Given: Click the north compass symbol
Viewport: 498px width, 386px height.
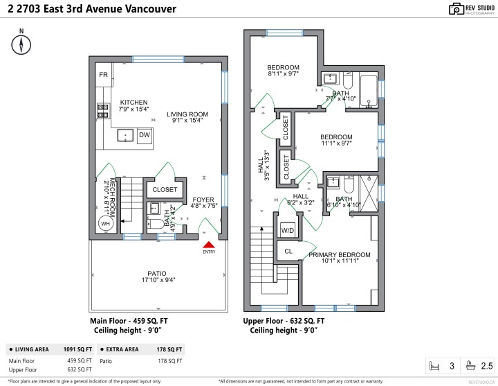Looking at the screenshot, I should [x=22, y=44].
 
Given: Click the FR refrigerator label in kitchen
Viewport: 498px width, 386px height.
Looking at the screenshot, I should [x=103, y=75].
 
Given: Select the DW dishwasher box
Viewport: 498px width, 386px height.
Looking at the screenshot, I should [x=145, y=135].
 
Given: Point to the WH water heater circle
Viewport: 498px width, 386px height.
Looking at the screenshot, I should [x=105, y=224].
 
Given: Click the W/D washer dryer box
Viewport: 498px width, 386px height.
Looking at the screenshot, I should [x=287, y=229].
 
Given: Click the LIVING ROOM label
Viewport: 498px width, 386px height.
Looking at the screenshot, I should [x=187, y=114].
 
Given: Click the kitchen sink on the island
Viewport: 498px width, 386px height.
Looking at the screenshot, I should [x=125, y=134].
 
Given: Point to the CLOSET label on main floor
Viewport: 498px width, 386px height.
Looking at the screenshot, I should [x=165, y=189].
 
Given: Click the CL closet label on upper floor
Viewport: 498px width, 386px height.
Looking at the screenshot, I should [x=288, y=251].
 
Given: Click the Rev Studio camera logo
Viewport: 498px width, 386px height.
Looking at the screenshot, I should [x=456, y=9].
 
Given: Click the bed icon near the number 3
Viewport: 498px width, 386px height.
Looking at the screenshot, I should [x=435, y=365].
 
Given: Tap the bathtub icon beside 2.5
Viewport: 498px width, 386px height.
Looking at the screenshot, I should [x=470, y=365].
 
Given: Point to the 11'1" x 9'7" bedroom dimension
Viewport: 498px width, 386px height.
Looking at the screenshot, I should [x=336, y=145].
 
